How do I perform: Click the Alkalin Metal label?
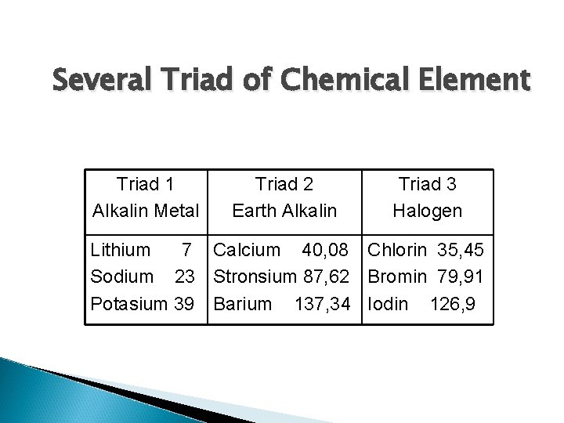click(x=145, y=211)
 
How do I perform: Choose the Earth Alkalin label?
click(x=285, y=211)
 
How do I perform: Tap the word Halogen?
click(x=428, y=211)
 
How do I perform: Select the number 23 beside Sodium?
click(x=185, y=277)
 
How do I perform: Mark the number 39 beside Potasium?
click(x=185, y=302)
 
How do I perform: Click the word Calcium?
click(x=247, y=251)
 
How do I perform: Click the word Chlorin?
click(x=398, y=251)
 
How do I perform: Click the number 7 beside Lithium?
click(x=186, y=251)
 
